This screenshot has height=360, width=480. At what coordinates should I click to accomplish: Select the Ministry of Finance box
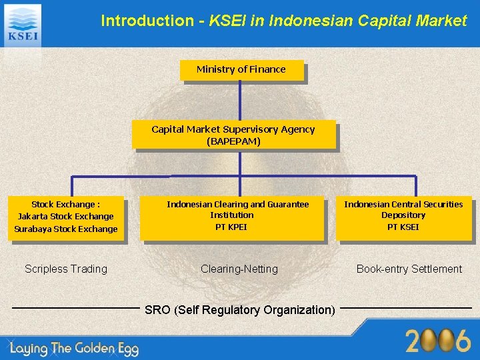[241, 70]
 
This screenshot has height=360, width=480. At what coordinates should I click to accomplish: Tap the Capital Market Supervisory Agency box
[233, 135]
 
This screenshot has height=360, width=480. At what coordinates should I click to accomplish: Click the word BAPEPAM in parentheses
[233, 141]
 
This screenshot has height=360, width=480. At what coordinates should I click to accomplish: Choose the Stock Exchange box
[66, 217]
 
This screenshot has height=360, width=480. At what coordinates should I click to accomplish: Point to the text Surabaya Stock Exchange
[66, 229]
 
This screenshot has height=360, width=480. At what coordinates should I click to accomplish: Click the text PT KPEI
[231, 227]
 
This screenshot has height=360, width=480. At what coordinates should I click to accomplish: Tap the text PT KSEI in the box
[403, 227]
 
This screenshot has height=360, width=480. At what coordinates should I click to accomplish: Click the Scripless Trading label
[66, 269]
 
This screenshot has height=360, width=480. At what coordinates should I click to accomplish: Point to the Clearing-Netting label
[239, 269]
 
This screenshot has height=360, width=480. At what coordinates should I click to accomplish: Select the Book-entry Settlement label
[409, 269]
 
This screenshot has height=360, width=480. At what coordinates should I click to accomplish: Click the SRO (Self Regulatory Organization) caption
[240, 309]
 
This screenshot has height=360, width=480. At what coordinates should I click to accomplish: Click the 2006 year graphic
[438, 341]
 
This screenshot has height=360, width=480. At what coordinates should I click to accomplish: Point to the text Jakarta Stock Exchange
[66, 217]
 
